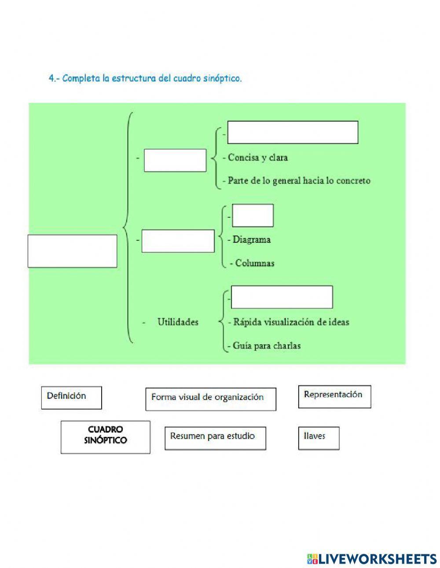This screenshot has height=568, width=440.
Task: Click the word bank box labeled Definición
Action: click(x=71, y=397)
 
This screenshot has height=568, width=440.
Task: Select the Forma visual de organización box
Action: click(x=211, y=399)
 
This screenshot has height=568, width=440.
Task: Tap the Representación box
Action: click(x=334, y=396)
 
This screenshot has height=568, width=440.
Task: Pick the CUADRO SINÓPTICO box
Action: click(x=105, y=437)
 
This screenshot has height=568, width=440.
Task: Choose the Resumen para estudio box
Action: click(x=215, y=438)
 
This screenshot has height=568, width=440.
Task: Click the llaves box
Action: click(x=319, y=438)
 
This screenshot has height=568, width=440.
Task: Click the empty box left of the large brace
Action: click(x=72, y=251)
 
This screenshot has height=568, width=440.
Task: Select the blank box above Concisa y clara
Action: click(x=293, y=132)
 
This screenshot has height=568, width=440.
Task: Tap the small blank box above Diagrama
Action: click(x=253, y=216)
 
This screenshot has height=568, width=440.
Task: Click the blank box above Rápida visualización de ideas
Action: click(x=282, y=297)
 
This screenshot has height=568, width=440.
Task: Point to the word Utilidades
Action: click(x=178, y=322)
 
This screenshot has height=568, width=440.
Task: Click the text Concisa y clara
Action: click(x=257, y=158)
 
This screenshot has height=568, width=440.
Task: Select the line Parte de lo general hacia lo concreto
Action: click(x=299, y=180)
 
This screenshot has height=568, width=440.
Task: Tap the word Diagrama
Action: click(x=251, y=240)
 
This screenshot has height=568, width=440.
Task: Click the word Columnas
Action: click(x=255, y=263)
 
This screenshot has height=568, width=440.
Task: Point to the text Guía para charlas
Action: click(x=267, y=346)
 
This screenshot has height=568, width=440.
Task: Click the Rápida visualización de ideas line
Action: click(x=291, y=322)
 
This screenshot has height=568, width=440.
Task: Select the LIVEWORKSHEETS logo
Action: click(x=372, y=558)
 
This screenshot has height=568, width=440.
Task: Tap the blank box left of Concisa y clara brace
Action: click(x=175, y=160)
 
